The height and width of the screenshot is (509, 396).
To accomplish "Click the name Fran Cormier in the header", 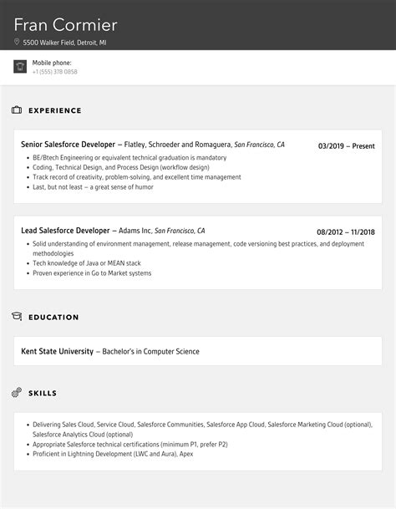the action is (x=66, y=24).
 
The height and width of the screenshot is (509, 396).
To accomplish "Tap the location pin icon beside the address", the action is (x=18, y=42).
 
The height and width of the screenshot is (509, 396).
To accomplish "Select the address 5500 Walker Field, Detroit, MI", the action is (x=65, y=42).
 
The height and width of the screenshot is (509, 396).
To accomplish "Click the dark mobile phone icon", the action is (x=20, y=67).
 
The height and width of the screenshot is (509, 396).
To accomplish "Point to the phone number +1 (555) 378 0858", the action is (x=55, y=72).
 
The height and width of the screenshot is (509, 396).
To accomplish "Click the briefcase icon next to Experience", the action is (x=17, y=110).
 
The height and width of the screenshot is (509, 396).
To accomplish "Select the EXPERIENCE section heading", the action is (x=55, y=110).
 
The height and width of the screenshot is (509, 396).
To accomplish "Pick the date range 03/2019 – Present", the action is (x=346, y=145).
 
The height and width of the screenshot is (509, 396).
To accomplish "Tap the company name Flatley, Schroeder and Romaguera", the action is (x=177, y=145).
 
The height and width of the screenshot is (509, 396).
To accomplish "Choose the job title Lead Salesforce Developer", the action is (x=65, y=231).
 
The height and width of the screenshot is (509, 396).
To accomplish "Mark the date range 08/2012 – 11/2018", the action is (x=345, y=232).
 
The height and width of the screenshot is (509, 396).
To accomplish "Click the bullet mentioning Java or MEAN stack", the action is (x=89, y=263).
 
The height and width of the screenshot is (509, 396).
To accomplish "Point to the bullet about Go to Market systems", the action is (x=92, y=273).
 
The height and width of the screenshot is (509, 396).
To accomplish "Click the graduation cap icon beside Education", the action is (x=17, y=317).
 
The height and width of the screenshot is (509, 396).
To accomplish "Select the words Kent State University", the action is (x=57, y=351).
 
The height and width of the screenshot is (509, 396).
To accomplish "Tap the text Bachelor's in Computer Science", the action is (x=150, y=351).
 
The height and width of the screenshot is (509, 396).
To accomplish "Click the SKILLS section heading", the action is (x=42, y=392).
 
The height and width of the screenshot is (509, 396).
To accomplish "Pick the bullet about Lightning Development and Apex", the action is (x=113, y=455).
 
